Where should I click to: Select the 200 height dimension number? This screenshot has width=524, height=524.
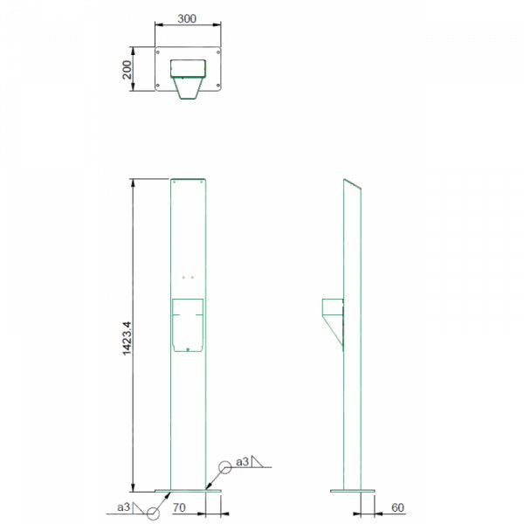click(x=128, y=70)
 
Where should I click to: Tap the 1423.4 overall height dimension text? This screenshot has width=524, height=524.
click(x=128, y=336)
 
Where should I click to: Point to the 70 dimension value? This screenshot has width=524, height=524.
click(x=179, y=506)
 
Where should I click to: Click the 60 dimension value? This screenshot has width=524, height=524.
click(x=397, y=506)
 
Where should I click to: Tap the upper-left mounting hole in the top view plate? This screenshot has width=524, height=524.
click(x=159, y=52)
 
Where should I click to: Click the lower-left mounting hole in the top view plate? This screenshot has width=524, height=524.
click(x=159, y=86)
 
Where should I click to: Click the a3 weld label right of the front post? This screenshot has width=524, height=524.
click(x=242, y=462)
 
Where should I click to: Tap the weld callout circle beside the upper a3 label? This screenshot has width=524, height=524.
click(x=225, y=467)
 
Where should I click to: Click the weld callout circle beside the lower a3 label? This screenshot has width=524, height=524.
click(x=154, y=513)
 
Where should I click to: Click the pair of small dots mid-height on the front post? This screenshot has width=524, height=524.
click(x=188, y=277)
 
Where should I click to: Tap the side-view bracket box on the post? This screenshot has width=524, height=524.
click(x=333, y=308)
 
